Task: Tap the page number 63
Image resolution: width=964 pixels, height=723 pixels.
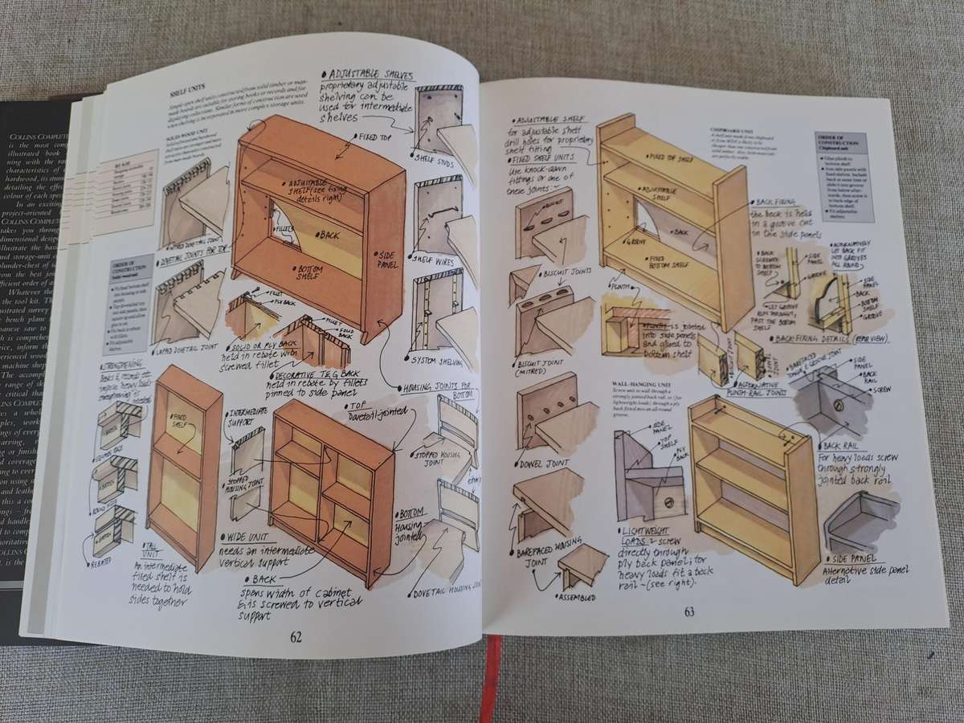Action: tap(689, 613)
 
